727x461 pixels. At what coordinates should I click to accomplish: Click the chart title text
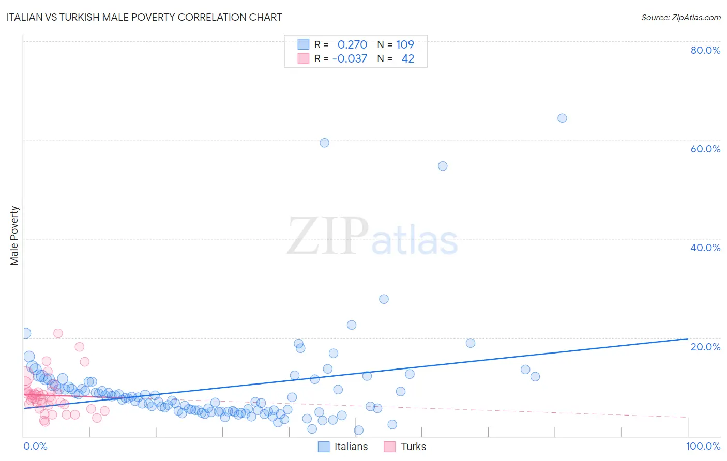tap(144, 17)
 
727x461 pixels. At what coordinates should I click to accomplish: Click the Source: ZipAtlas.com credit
tap(680, 17)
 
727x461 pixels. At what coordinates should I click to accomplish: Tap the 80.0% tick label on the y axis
tap(705, 50)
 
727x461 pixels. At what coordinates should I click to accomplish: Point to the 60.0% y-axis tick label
tap(705, 149)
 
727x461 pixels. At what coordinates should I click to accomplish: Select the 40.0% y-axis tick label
tap(705, 248)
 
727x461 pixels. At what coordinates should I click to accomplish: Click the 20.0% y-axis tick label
tap(705, 346)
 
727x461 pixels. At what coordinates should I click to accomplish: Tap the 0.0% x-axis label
tap(35, 446)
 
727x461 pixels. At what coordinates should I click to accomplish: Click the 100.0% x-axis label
tap(703, 446)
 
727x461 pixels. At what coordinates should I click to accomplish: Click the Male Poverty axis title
tap(14, 236)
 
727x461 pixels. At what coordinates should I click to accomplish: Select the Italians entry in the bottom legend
tap(351, 447)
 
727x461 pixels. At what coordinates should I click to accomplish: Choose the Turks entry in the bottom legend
tap(413, 447)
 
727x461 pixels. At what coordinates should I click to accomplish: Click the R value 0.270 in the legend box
tap(352, 44)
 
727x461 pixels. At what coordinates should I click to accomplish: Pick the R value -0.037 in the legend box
tap(350, 58)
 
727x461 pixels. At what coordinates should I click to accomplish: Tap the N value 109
tap(405, 44)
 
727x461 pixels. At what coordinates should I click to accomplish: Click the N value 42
tap(407, 58)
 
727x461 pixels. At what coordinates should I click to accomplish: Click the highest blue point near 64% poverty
tap(562, 118)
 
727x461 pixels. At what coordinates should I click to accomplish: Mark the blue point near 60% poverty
tap(324, 143)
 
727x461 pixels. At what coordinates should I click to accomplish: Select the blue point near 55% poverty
tap(443, 166)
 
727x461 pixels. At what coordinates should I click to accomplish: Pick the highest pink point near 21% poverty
tap(58, 333)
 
